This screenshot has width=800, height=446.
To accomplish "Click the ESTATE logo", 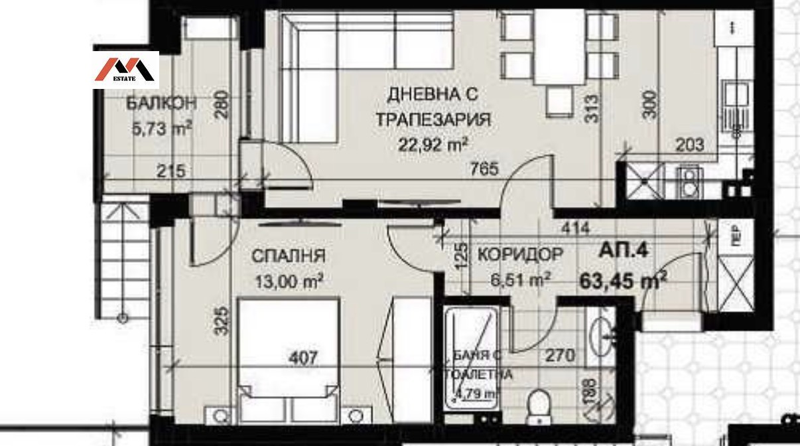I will pos(126,69).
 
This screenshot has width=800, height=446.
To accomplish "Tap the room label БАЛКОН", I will pos(161,104).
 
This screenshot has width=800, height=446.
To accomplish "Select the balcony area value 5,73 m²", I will pos(163,128).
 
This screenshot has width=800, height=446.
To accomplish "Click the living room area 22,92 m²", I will pos(433,144).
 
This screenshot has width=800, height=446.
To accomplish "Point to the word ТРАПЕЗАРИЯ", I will pos(433,120).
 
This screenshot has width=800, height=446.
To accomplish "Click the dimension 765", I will pos(485,169).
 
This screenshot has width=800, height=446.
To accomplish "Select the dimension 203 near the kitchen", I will pos(691,145).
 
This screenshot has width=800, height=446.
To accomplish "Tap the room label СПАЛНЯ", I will pos(288,256).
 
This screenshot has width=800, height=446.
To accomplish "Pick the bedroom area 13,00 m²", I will pos(289,281).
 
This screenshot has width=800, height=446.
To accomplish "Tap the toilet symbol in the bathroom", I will pos(537,404).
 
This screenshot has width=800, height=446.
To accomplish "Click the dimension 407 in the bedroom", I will pos(304,358).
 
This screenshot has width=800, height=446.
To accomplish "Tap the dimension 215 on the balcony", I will pos(171,171).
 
